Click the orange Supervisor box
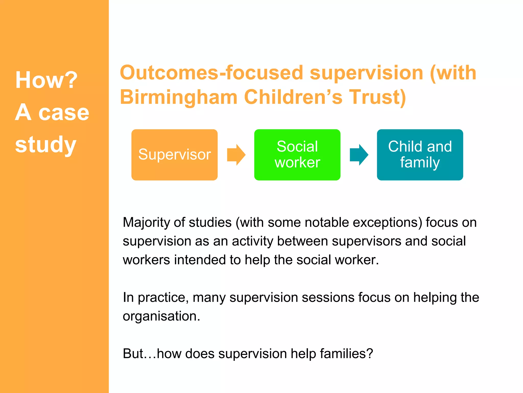coord(174,155)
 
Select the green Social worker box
coord(297,155)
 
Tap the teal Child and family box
coord(420,155)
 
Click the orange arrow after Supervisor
coord(236,155)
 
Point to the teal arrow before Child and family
coord(359,155)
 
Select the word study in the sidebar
coord(46,145)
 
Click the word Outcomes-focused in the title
coord(212,73)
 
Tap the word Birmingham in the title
coord(179,97)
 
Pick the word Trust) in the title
coord(377,97)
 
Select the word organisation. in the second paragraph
coord(161,316)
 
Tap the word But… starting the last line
coord(139,354)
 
